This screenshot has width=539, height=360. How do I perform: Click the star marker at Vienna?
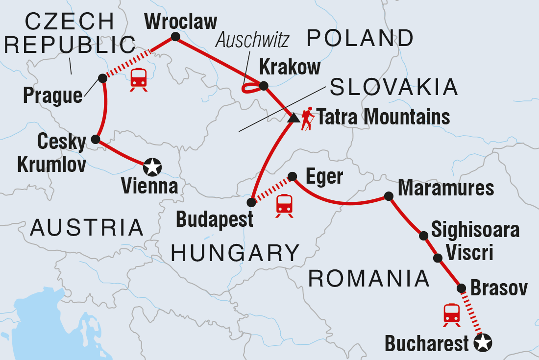point(152,168)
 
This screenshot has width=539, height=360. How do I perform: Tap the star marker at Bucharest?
point(483,344)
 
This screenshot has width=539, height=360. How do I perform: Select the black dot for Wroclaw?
point(175,37)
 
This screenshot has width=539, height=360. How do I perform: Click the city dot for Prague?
point(102,78)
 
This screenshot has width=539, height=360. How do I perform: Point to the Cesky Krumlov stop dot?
point(96,140)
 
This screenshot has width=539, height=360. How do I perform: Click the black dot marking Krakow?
point(264,86)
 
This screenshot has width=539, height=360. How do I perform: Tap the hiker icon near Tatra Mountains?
point(307,119)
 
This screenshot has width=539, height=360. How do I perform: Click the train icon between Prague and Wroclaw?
point(139,79)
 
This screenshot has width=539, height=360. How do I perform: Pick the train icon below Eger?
point(285,205)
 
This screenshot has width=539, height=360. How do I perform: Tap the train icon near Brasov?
point(451,314)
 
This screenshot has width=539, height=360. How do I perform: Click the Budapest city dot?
point(251,202)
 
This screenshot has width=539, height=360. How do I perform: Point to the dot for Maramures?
point(389,196)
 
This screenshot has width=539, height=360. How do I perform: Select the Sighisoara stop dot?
point(424,236)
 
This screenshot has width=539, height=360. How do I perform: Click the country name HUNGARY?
point(235,253)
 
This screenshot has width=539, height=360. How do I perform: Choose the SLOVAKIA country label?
point(394,88)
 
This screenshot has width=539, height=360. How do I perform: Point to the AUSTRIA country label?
point(87,228)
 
